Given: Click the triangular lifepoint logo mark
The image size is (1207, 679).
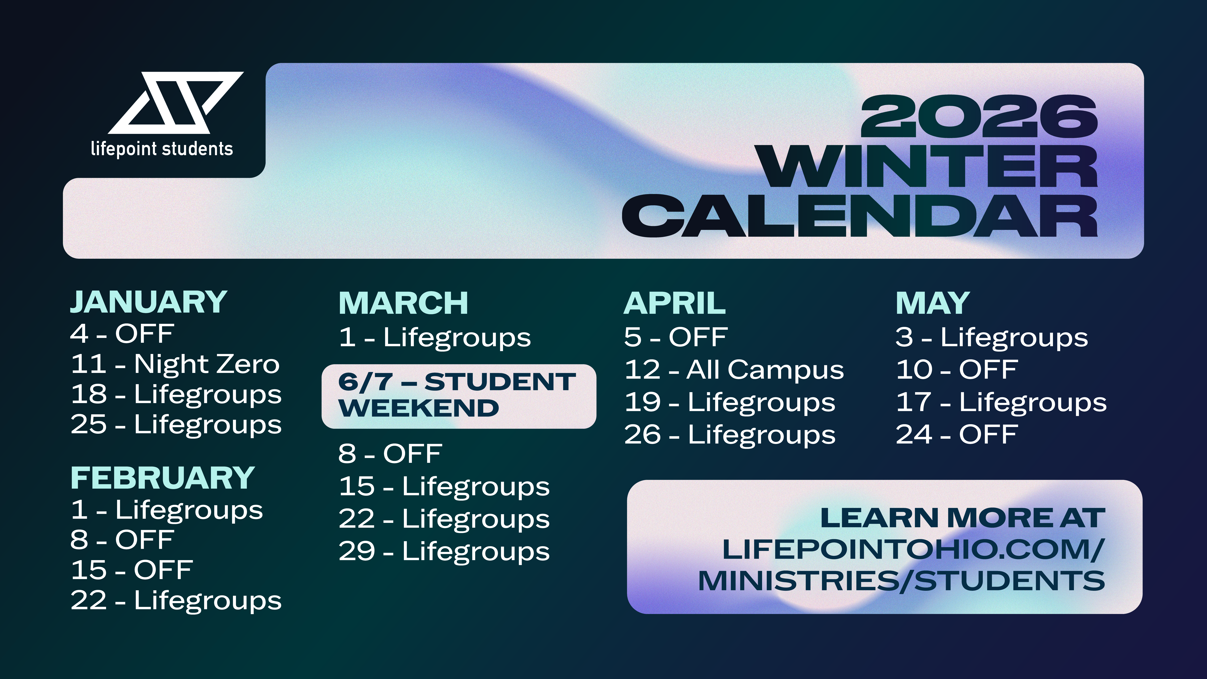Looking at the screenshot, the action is (176, 103).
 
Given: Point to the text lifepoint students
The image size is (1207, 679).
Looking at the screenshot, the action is (162, 149).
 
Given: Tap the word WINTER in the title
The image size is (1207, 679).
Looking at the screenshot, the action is (929, 166).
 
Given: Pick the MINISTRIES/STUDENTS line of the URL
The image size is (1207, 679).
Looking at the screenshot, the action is (901, 581).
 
